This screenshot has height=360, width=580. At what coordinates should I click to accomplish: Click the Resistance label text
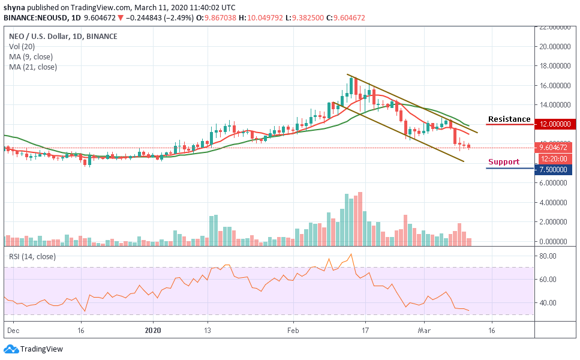509,119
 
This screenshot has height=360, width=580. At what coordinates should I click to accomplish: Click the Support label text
503,162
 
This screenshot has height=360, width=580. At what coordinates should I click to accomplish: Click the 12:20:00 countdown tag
554,158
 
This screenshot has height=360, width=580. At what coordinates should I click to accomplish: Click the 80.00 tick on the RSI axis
548,256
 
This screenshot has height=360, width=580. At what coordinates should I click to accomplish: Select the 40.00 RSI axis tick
548,303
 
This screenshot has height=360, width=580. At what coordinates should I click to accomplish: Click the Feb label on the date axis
293,330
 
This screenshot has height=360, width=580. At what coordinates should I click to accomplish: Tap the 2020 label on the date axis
154,330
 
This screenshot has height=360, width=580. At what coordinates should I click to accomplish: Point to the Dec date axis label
11,330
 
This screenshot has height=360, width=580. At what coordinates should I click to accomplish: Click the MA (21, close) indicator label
33,67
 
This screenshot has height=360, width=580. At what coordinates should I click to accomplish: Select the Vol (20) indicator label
22,46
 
